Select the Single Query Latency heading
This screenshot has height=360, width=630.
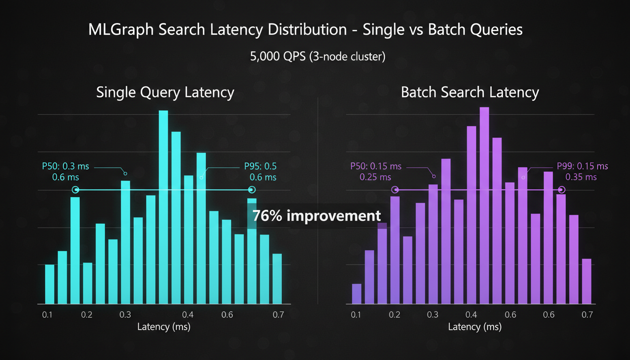[x=165, y=92]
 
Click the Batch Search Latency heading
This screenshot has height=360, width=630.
[x=470, y=92]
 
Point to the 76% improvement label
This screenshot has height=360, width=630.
[x=316, y=216]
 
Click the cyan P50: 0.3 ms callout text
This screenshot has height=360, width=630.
[x=65, y=166]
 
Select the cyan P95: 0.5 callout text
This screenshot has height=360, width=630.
[x=260, y=166]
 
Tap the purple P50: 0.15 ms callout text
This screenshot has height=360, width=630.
[x=376, y=166]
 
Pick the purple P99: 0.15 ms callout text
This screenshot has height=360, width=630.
[x=582, y=166]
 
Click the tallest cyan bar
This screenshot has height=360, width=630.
[x=163, y=206]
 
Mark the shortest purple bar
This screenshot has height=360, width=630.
[x=357, y=294]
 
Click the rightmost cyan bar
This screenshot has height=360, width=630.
[x=277, y=278]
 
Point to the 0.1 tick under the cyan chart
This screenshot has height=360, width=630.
[x=47, y=315]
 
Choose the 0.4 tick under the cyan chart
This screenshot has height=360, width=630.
[x=188, y=315]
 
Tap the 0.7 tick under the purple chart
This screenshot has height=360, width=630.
[x=587, y=315]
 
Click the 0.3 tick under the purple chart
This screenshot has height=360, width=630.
[x=433, y=315]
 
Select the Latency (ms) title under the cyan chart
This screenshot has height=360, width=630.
[x=164, y=327]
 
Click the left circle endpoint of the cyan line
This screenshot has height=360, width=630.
[x=75, y=190]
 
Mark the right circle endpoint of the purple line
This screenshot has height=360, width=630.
[x=562, y=190]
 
